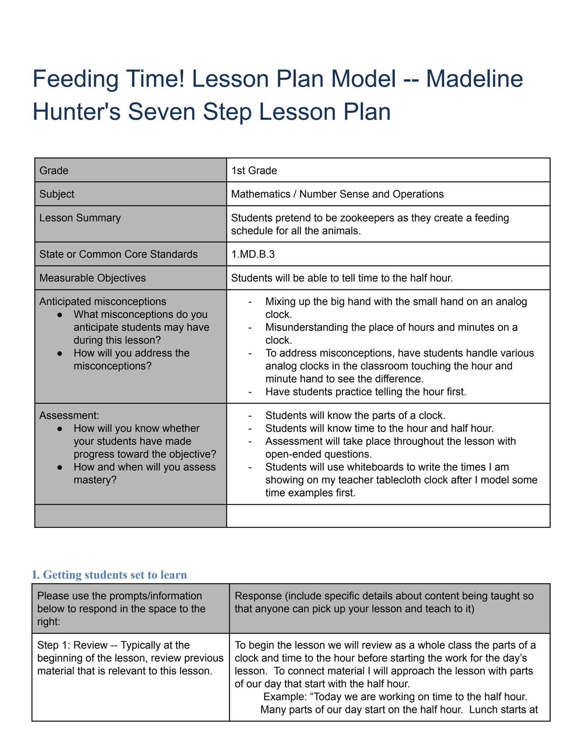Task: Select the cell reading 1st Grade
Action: point(254,171)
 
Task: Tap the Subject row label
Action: point(57,194)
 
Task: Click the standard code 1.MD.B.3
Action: point(253,254)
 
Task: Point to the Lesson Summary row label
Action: point(80,218)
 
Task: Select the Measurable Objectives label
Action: point(93,278)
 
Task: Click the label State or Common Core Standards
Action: point(118,254)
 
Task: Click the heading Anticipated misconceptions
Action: point(103,302)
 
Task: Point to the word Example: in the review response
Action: point(286,697)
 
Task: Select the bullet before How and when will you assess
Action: point(60,467)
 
